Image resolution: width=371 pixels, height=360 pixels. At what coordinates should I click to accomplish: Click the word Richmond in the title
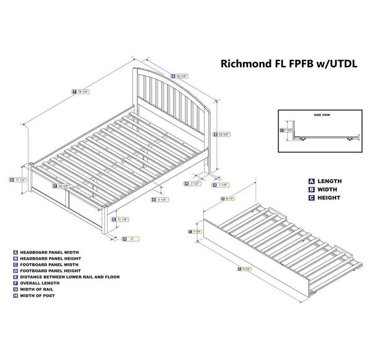pos(243,64)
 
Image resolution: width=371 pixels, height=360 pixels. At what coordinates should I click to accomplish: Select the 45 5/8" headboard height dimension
pos(224,135)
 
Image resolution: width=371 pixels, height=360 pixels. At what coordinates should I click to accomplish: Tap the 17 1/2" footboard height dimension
pos(20,180)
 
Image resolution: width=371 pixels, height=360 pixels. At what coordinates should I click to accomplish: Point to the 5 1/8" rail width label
pos(162,200)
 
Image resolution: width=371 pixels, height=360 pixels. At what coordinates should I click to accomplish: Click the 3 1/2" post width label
pos(195,184)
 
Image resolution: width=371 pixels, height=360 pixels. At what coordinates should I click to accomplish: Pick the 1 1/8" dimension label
pos(223,185)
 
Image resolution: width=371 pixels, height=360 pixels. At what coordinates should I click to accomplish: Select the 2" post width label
pos(132,239)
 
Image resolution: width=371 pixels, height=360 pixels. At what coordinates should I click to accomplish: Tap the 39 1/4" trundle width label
pos(229,199)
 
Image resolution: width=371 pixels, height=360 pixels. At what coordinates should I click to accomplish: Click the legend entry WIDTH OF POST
pos(37,296)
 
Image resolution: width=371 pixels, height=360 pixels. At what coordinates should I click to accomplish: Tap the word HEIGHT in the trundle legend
pos(329,198)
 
